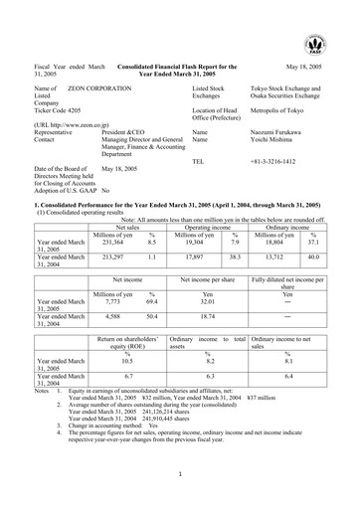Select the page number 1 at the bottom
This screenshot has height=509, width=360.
179,474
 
